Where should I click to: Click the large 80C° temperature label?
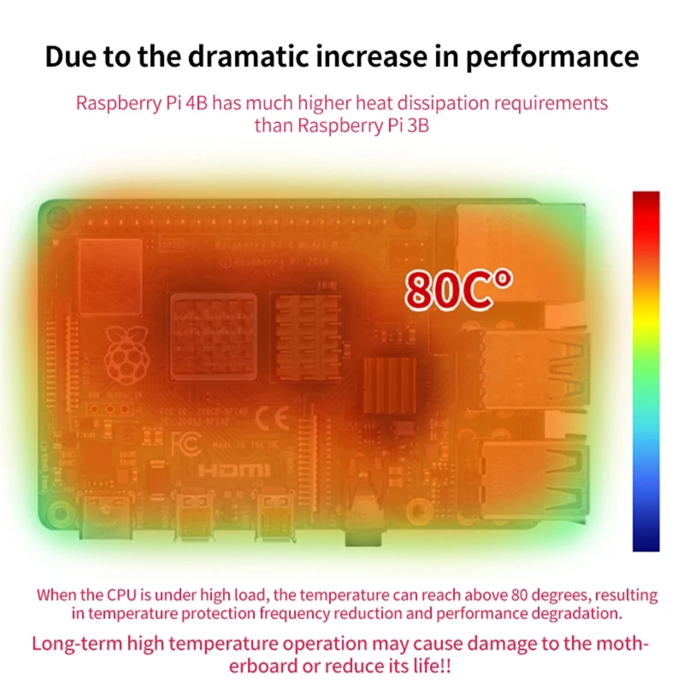pyautogui.click(x=459, y=289)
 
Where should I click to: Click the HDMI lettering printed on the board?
pyautogui.click(x=234, y=470)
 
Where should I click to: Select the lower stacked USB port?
pyautogui.click(x=530, y=475)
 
